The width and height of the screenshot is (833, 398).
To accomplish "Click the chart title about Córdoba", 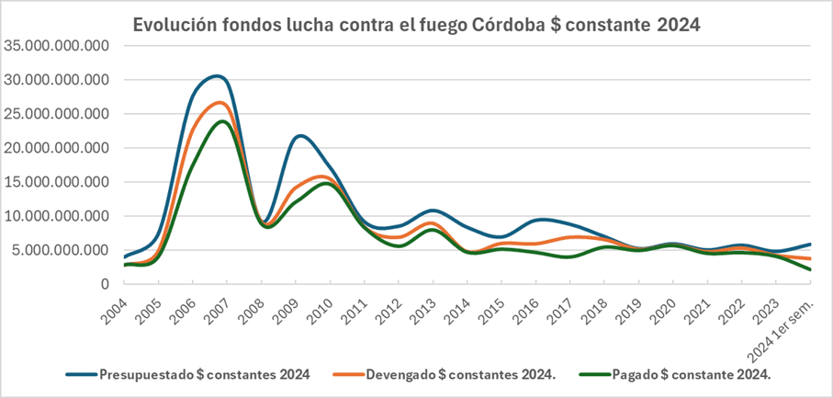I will (x=417, y=25).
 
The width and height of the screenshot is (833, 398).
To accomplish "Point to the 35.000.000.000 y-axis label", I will (x=57, y=46).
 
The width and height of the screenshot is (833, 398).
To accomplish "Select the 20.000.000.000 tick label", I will (x=57, y=148).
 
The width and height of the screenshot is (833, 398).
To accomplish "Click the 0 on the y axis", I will (x=106, y=284).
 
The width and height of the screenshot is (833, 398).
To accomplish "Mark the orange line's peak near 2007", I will (x=220, y=102).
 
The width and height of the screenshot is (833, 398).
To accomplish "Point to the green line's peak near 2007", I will (x=222, y=121).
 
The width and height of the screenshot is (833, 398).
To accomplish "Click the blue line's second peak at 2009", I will (x=300, y=136).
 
